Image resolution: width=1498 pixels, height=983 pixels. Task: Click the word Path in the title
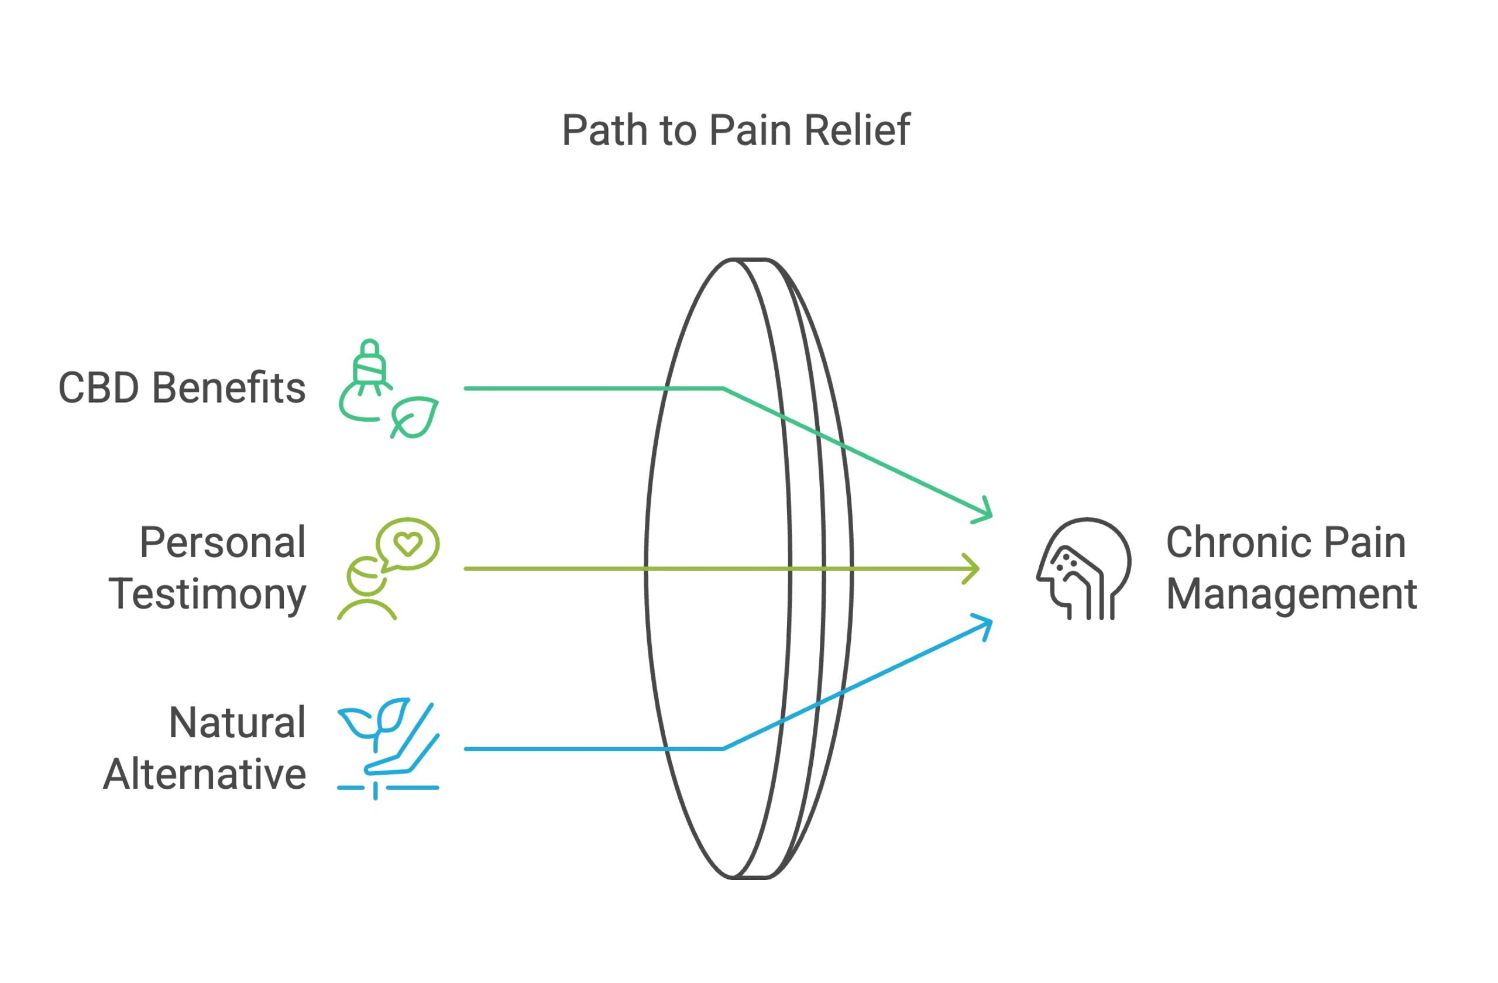point(606,131)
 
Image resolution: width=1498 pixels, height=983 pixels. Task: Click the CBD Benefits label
point(183,389)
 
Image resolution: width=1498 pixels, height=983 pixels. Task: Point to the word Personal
point(222,542)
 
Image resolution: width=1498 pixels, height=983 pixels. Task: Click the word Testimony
point(210,594)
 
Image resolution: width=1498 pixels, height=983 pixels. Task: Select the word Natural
point(236,722)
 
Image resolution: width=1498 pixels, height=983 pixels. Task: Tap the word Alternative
point(205,774)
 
